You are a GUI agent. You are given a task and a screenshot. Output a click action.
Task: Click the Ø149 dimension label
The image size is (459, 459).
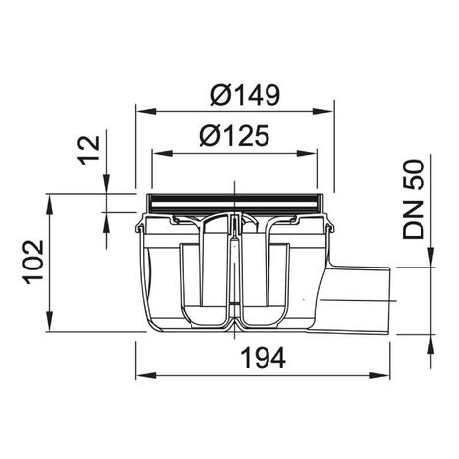click(x=245, y=95)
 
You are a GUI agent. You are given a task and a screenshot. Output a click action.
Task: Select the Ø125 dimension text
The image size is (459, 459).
click(x=234, y=135)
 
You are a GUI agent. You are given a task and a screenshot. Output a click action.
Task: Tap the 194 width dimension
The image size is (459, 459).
click(x=263, y=358)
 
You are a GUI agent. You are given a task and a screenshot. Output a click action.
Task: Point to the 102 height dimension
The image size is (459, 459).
click(x=34, y=262)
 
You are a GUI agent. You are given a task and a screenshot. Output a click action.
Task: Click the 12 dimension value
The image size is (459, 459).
click(x=89, y=150)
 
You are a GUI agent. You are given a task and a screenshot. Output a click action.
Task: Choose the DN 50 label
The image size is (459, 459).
click(x=414, y=199)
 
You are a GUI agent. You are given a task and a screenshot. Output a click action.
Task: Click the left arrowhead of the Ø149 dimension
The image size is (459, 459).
click(x=146, y=111)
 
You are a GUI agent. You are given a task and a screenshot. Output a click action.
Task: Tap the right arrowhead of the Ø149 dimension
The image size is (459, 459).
click(x=324, y=111)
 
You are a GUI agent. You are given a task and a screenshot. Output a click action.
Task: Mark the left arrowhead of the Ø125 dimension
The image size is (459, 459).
click(x=162, y=153)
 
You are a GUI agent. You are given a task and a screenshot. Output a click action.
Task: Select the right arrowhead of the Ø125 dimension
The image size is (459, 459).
click(x=307, y=153)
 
